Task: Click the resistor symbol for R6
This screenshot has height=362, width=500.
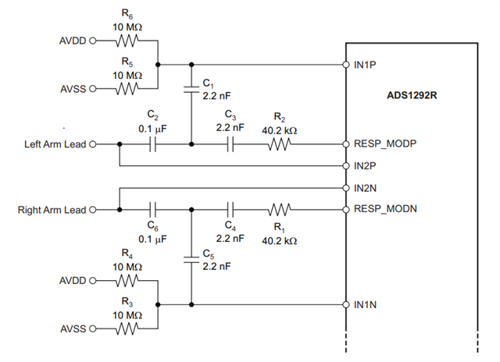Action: pos(127,41)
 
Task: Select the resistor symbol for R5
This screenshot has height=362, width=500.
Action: pos(127,88)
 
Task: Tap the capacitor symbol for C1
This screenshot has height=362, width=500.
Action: pos(191,88)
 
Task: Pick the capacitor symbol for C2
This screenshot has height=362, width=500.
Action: pos(153,144)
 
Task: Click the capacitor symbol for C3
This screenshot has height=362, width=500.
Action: pos(230,144)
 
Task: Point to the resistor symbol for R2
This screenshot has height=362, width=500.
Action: pos(280,144)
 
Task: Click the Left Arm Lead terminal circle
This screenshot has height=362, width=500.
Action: pos(92,144)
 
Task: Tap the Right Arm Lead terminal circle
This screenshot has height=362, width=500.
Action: pos(92,210)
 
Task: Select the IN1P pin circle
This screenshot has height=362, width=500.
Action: pos(346,65)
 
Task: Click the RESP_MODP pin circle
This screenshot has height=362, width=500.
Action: pos(346,144)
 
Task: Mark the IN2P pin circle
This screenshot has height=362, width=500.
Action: pos(346,166)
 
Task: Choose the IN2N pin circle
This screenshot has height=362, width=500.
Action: pos(346,188)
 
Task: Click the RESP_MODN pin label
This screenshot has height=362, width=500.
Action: pos(385,209)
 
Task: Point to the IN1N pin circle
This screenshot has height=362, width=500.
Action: pos(346,305)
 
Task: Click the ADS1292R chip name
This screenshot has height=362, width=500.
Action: pos(412,95)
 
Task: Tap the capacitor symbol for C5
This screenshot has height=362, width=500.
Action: pos(191,260)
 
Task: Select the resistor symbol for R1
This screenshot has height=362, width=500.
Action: pos(280,210)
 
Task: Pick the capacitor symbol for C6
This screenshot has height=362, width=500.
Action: pos(153,210)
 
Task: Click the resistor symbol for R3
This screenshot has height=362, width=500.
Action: pos(127,328)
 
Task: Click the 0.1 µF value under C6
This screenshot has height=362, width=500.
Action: pos(152,239)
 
